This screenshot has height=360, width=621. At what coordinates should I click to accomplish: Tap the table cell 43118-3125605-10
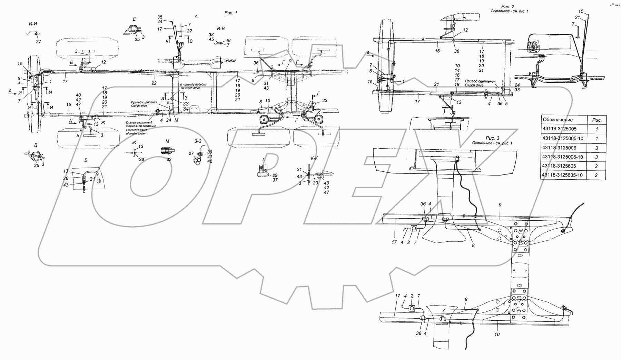click(x=562, y=175)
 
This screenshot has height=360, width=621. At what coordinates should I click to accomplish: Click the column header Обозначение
click(x=558, y=120)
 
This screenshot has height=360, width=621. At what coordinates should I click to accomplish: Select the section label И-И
click(x=33, y=23)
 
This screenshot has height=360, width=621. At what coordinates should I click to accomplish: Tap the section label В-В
click(x=220, y=28)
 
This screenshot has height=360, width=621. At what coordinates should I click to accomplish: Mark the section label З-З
click(x=198, y=141)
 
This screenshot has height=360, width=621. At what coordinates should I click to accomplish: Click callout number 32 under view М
click(x=169, y=159)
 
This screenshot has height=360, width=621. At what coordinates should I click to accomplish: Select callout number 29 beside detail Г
click(x=275, y=175)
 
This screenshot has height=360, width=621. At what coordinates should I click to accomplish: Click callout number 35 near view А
click(x=159, y=17)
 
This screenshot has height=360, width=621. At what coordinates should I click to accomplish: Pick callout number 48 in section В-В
click(x=228, y=40)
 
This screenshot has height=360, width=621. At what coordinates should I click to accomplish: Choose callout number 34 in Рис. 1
click(x=186, y=109)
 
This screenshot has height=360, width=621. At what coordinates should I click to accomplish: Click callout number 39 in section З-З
click(x=210, y=152)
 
